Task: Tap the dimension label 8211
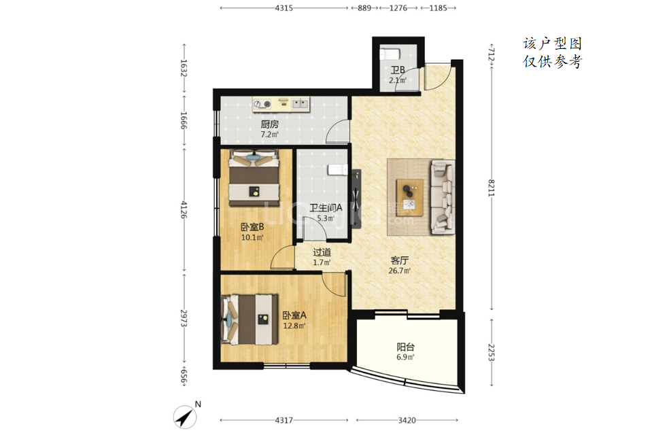pos(492,188)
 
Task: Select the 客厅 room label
pos(400,260)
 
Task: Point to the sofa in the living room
pos(443,197)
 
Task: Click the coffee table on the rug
pos(409,197)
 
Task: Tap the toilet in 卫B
pos(389,54)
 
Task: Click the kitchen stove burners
pos(262,104)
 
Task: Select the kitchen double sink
pos(300,103)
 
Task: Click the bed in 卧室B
pos(254,178)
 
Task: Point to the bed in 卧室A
pos(250,319)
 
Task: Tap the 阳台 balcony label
pos(405,347)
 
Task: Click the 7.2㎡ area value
pos(269,135)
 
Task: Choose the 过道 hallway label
pos(322,252)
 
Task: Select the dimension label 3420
pos(407,420)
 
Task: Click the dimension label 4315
pos(284,7)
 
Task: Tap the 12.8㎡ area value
pos(294,326)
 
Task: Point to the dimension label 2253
pos(492,352)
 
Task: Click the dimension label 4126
pos(184,210)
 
